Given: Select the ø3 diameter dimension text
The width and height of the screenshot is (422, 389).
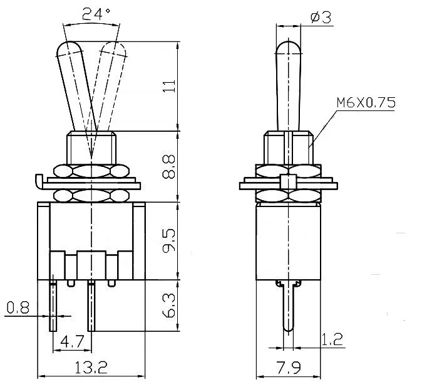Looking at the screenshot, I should point(320,18).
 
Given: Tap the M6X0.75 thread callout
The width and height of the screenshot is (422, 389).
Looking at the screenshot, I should point(366,103).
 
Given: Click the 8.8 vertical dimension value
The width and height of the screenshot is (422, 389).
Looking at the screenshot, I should point(168,167).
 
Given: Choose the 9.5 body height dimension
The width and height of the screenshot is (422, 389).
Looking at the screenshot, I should point(168,240).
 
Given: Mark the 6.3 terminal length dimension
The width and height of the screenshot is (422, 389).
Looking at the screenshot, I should point(168,306).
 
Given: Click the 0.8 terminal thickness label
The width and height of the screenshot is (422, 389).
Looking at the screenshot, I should point(18,307).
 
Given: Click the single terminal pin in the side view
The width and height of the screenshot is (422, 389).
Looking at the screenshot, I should point(288,311).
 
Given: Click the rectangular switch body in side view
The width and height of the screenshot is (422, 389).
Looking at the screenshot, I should point(288,242).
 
